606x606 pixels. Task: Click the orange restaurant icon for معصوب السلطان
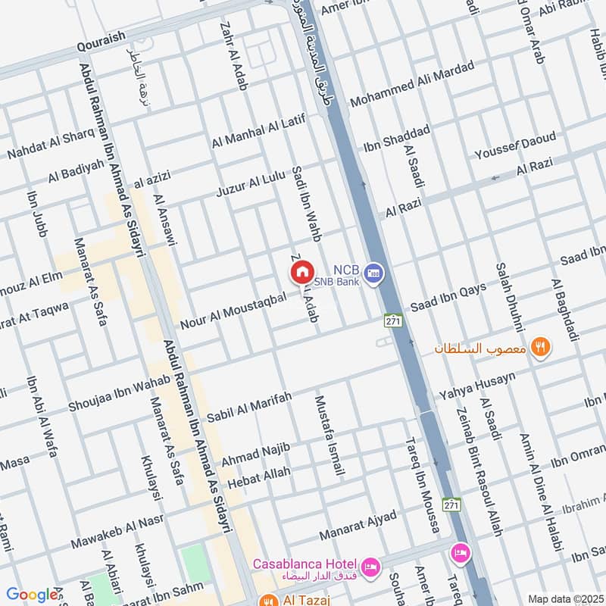click(x=540, y=347)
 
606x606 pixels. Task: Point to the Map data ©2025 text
click(x=564, y=598)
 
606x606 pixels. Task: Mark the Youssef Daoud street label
click(x=515, y=146)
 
